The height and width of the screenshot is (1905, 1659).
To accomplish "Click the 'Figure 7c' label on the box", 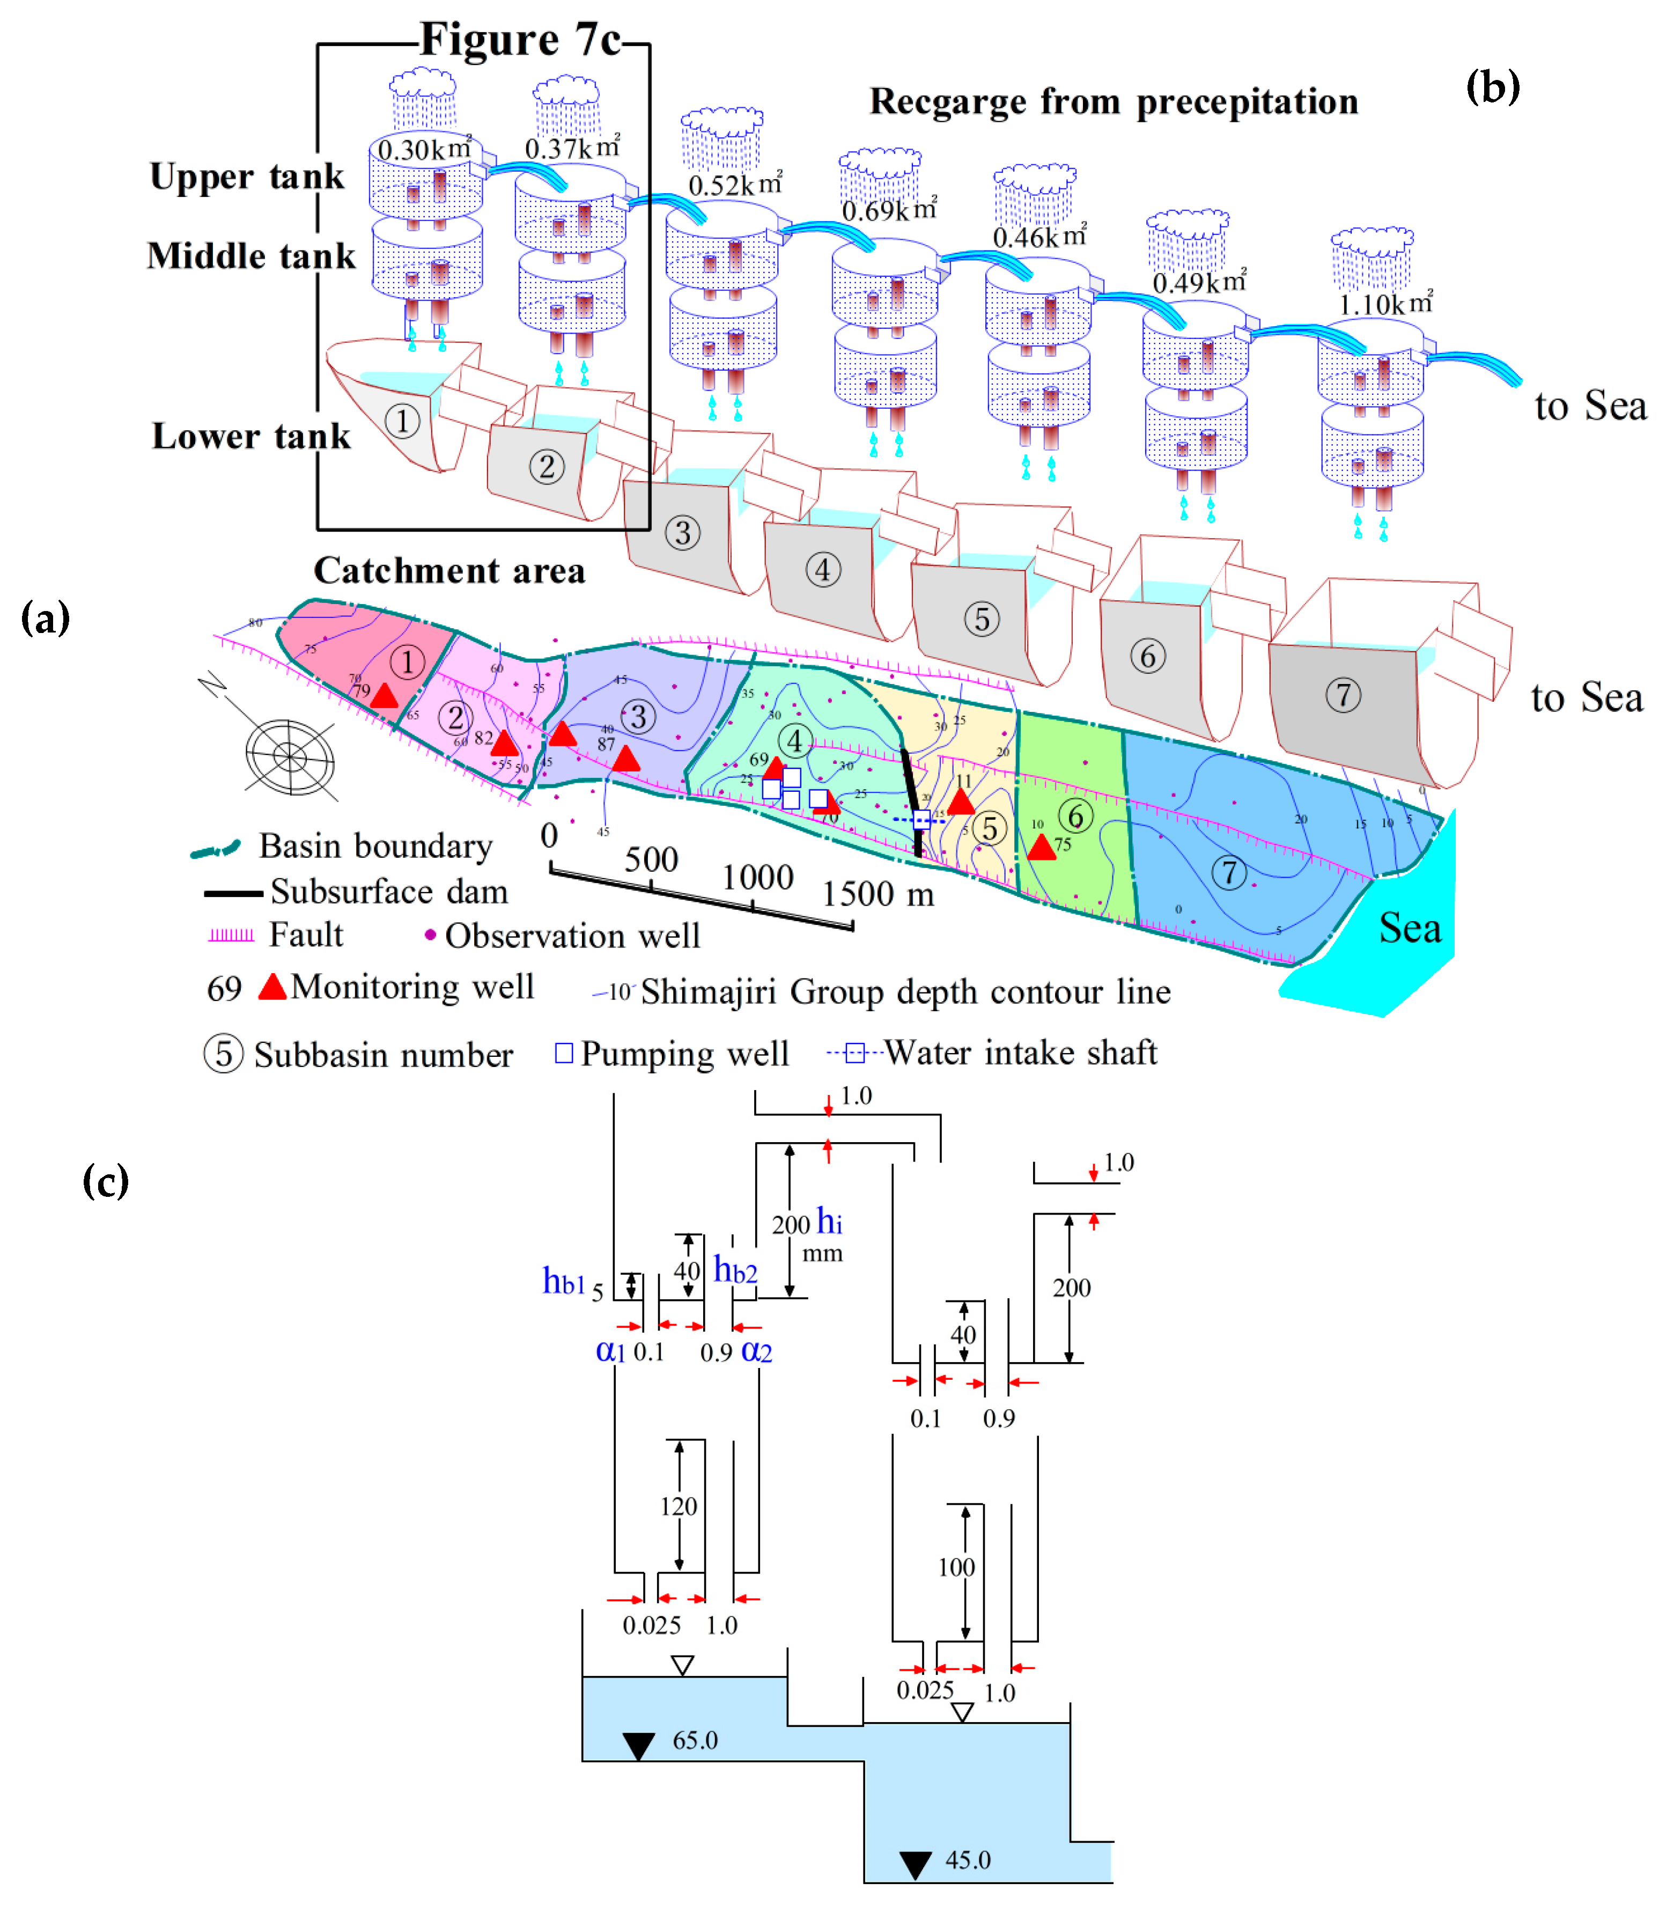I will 520,40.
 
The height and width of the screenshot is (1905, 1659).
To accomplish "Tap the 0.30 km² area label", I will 424,149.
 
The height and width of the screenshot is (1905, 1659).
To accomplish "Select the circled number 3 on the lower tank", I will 682,533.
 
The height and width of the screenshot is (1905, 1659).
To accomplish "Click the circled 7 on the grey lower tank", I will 1343,695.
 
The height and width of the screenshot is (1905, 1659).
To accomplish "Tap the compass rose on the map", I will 290,756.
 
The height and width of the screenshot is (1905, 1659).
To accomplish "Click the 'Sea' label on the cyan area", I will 1409,928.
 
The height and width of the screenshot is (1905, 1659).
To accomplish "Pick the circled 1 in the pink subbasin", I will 407,662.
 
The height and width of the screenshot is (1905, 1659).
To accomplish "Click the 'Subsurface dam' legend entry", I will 389,892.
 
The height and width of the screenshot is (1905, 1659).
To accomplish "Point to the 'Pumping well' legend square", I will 564,1053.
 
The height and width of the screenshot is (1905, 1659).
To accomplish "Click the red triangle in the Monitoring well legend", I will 272,987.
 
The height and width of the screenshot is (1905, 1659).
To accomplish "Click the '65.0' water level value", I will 695,1740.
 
